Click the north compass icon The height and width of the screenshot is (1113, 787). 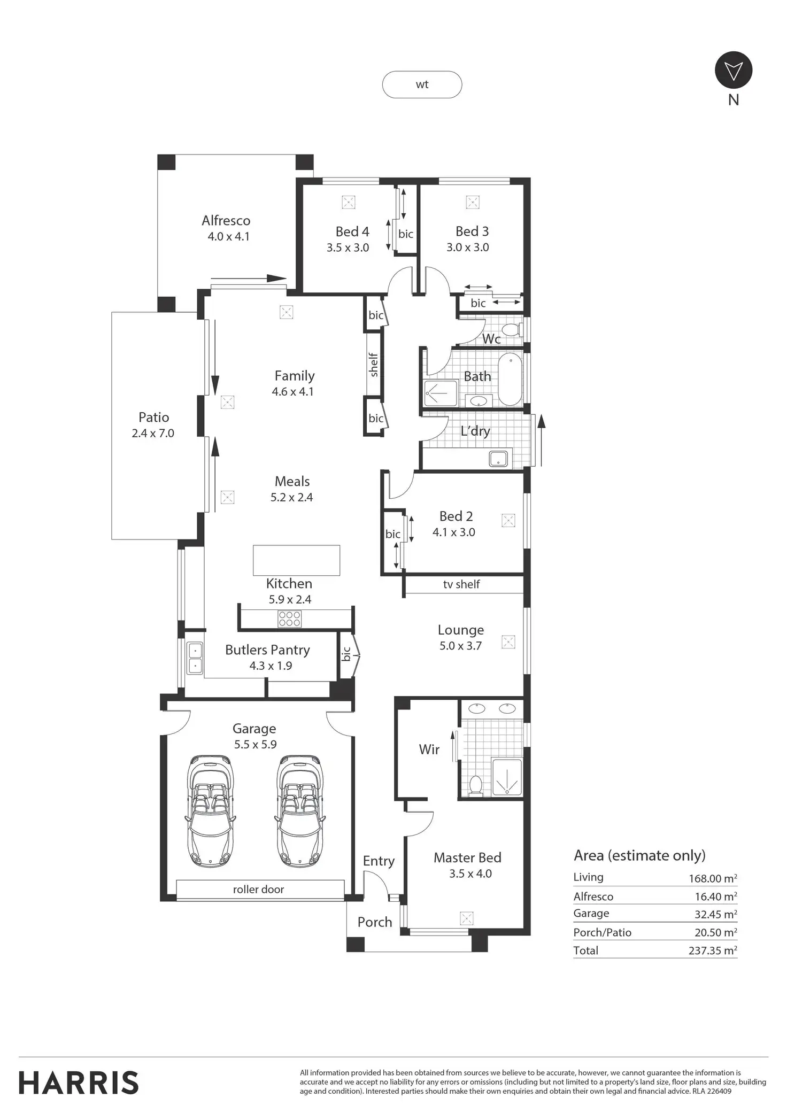(x=733, y=70)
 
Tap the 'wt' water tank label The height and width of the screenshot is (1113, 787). (x=422, y=84)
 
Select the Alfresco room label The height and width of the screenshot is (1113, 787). (x=226, y=220)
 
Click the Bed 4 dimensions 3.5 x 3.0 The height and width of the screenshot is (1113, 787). (x=348, y=248)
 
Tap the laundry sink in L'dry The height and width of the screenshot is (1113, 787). (x=498, y=459)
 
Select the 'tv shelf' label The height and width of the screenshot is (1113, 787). (x=461, y=584)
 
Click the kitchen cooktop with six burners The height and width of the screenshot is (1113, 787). (x=289, y=619)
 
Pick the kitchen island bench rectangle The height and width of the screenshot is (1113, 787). (x=296, y=560)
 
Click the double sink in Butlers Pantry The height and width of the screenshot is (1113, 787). (x=195, y=658)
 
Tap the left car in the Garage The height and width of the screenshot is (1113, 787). (x=210, y=810)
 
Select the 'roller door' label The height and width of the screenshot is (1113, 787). (x=258, y=890)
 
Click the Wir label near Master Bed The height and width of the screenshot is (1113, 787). (x=429, y=749)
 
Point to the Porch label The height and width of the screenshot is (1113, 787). (x=375, y=922)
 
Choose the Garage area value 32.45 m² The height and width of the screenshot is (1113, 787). (x=715, y=914)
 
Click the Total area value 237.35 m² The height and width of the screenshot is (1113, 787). (x=712, y=950)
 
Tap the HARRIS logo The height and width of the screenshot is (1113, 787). (x=79, y=1083)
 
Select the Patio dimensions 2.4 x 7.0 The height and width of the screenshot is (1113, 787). (x=153, y=434)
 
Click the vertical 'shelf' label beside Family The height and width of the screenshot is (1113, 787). (x=374, y=365)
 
